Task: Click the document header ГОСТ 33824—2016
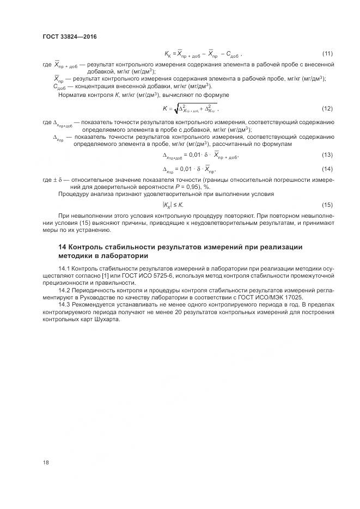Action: (69, 37)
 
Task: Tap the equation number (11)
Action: (328, 53)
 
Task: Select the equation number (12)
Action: (328, 108)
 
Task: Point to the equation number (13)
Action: (328, 156)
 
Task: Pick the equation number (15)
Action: (328, 205)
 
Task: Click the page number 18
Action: (46, 462)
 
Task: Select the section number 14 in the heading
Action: (63, 247)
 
